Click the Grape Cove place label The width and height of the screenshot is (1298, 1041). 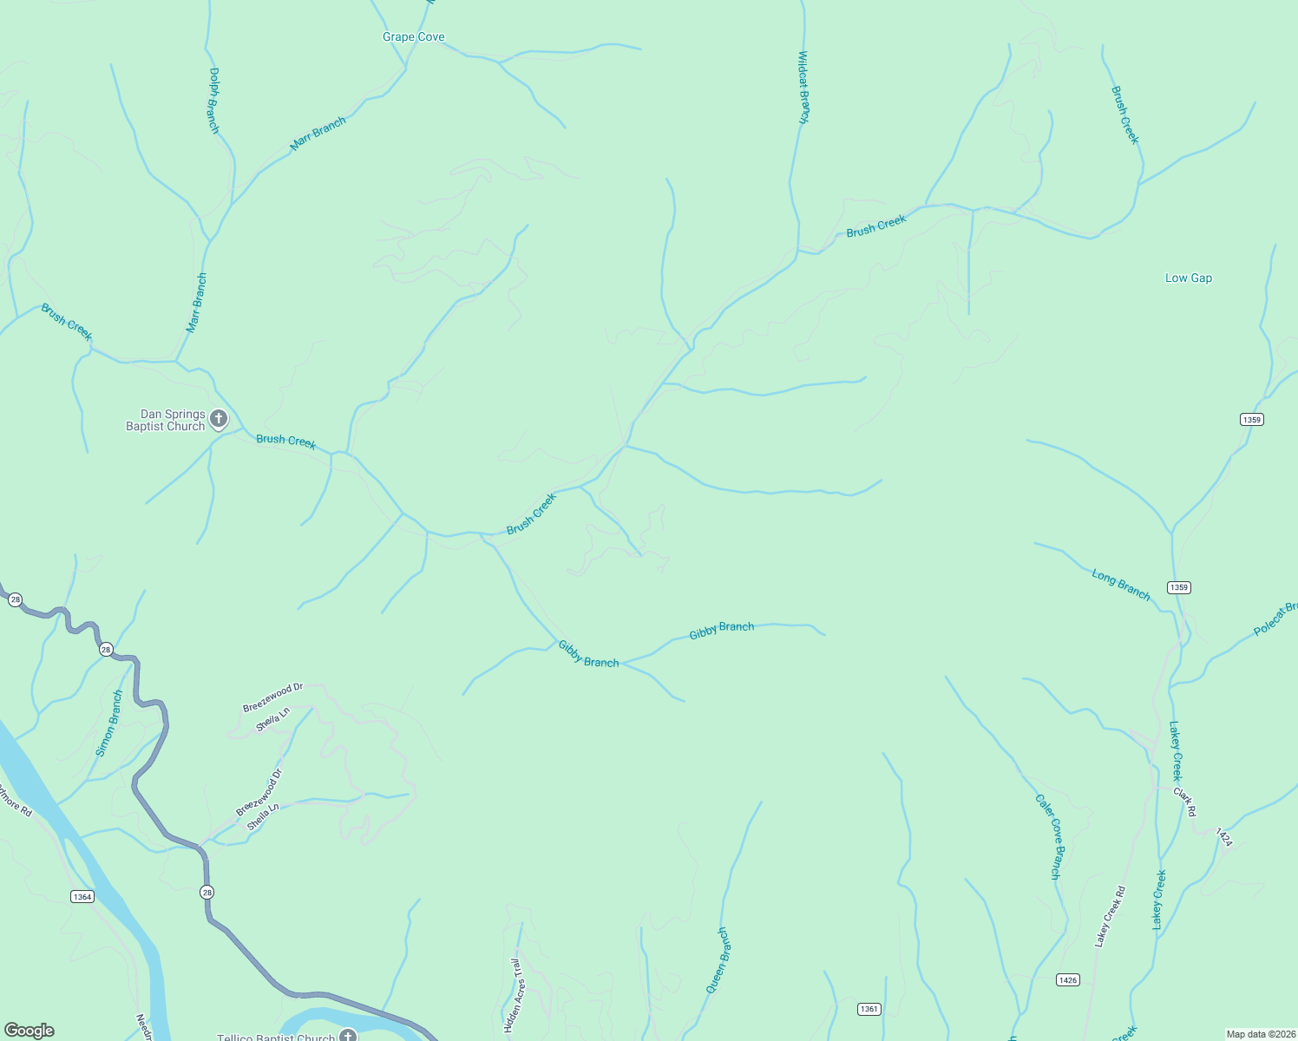tap(414, 37)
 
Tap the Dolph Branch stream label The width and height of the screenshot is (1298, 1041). tap(214, 101)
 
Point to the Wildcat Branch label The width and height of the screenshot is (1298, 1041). tap(803, 88)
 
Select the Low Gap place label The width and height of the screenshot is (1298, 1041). tap(1189, 278)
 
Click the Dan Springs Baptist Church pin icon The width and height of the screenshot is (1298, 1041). tap(219, 419)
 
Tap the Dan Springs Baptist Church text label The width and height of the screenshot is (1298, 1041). tap(166, 421)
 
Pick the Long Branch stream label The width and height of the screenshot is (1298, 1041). tap(1121, 585)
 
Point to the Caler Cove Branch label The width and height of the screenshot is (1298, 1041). tap(1049, 836)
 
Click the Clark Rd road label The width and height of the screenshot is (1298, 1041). tap(1185, 802)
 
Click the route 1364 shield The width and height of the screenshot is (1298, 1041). tap(82, 896)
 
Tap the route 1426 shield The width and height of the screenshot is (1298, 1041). tap(1068, 979)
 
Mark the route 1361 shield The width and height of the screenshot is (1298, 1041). tap(869, 1009)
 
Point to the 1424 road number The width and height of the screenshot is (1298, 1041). tap(1223, 837)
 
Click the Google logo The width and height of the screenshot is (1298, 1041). tap(29, 1031)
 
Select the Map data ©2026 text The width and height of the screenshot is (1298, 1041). tap(1260, 1034)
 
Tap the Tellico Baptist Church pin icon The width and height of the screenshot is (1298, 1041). tap(348, 1036)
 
